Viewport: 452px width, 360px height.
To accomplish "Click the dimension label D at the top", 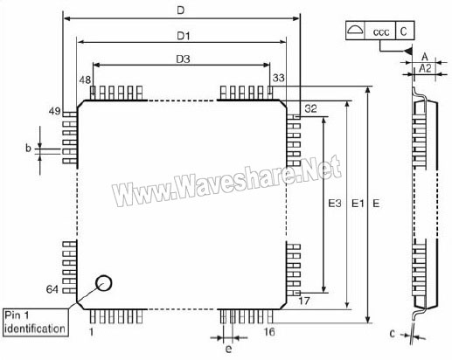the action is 181,10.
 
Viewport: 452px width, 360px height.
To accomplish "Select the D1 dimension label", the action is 184,36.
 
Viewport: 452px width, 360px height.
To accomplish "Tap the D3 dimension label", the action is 183,59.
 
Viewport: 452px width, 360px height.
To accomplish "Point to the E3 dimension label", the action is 335,203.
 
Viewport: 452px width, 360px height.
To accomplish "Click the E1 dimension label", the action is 358,203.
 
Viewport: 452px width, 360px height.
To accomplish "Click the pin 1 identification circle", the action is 104,283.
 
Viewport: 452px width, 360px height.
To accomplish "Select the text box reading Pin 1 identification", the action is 35,322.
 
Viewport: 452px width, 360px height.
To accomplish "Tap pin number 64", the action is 52,289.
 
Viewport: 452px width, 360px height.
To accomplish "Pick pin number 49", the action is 54,111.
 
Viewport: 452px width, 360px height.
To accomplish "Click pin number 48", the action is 85,80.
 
